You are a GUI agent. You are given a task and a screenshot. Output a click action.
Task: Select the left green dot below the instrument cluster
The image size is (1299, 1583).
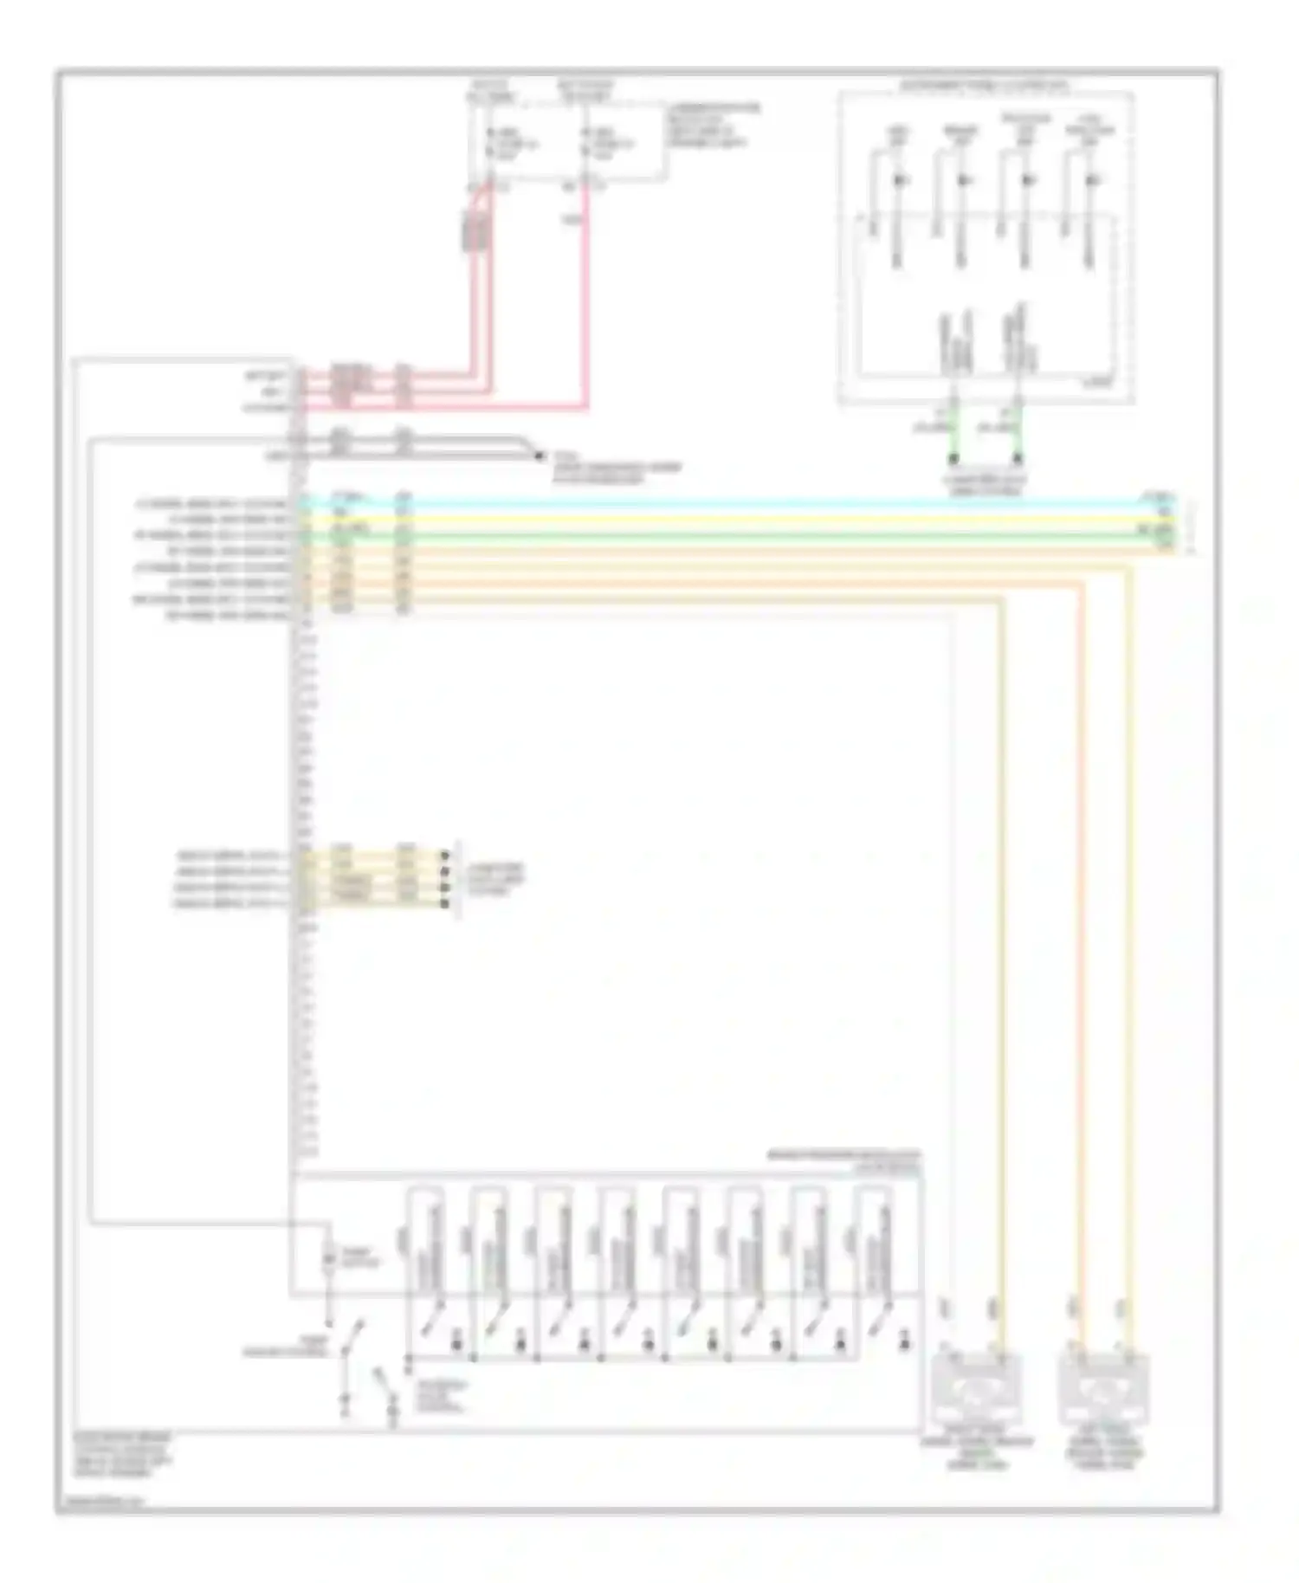click(953, 457)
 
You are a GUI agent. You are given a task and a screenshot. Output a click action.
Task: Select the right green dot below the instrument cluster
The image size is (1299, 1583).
click(1018, 457)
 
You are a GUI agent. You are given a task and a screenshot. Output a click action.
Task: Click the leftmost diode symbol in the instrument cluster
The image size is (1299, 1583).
click(899, 181)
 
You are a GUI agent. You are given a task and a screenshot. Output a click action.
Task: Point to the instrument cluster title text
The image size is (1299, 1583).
click(985, 87)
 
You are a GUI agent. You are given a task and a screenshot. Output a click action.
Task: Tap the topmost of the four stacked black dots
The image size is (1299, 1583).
click(445, 855)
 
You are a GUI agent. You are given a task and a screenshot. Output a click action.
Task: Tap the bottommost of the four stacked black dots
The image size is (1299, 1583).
click(445, 904)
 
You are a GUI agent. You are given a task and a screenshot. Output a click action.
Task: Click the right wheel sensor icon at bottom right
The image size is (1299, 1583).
click(1104, 1392)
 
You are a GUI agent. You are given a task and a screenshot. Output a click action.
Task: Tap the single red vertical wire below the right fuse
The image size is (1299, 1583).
click(588, 294)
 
